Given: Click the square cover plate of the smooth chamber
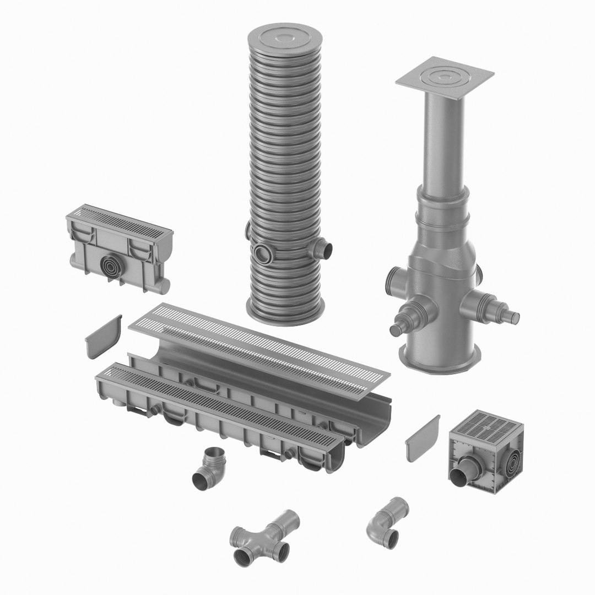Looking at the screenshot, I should [445, 78].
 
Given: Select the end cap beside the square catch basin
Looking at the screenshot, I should [423, 438].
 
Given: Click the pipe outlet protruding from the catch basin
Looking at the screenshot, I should [461, 475].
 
